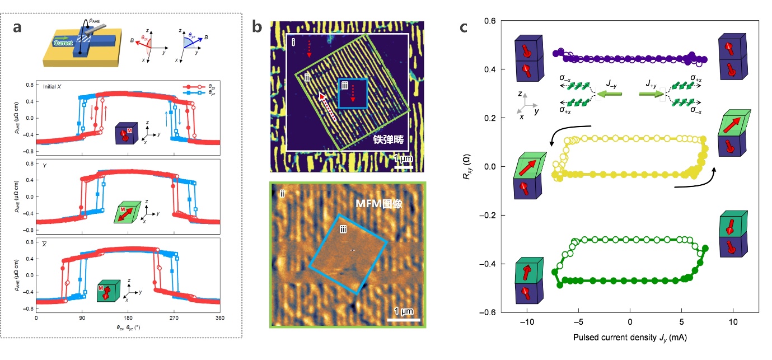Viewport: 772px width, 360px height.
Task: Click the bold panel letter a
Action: [x=17, y=27]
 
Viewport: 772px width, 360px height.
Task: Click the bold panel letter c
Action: [x=464, y=26]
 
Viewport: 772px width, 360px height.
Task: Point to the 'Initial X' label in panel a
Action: [x=54, y=86]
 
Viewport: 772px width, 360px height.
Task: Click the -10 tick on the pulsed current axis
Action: [x=527, y=323]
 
